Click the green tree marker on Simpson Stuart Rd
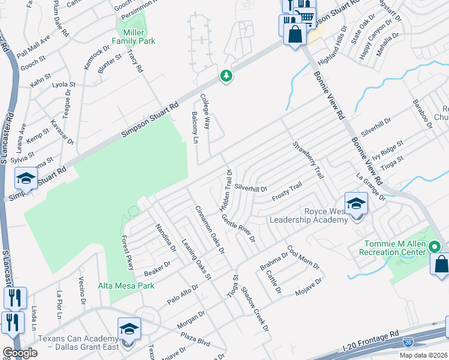coord(226,76)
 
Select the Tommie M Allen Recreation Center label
coord(400,248)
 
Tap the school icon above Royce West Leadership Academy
coord(355,203)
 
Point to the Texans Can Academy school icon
coord(128,329)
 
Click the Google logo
coord(20,353)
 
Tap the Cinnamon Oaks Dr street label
coord(209,229)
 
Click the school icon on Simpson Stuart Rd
coord(26,178)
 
